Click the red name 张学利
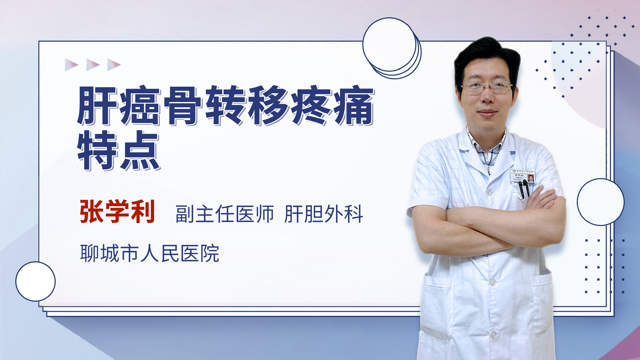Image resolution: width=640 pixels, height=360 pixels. (x=117, y=211)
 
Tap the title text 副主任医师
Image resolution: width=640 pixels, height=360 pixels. (x=225, y=214)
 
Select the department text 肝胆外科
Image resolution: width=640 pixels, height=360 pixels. (x=324, y=214)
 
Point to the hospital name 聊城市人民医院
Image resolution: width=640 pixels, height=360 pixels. (x=150, y=253)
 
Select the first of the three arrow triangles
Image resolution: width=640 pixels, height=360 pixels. (x=71, y=65)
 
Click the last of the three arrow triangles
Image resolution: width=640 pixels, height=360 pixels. (x=113, y=65)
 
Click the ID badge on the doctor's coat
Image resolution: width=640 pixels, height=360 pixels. (x=522, y=176)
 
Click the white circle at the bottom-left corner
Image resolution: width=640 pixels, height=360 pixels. (x=35, y=281)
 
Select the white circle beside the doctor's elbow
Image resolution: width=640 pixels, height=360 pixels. (x=600, y=202)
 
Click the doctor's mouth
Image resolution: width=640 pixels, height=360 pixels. (x=487, y=112)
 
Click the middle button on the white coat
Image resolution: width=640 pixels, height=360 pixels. (x=492, y=282)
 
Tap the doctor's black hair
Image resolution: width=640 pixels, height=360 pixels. (x=487, y=55)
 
